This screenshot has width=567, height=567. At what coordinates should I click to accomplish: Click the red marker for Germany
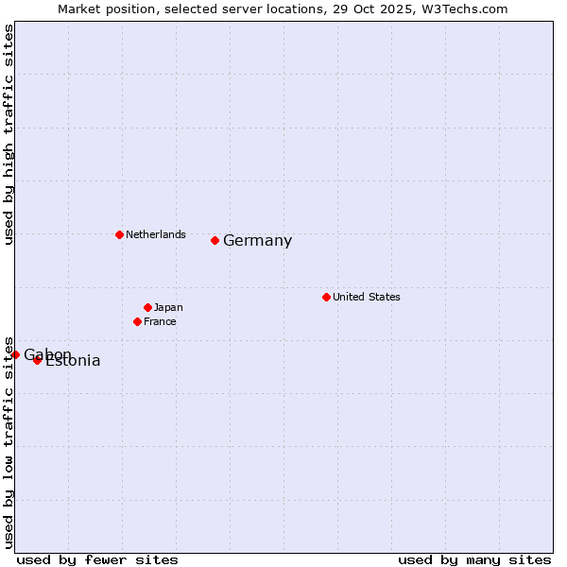point(215,240)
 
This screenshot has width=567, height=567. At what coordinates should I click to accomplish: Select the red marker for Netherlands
point(119,234)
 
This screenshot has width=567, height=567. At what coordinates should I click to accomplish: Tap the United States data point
point(326,297)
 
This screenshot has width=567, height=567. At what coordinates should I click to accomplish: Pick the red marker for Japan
point(147,307)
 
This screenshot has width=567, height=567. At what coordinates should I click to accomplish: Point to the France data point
point(137,321)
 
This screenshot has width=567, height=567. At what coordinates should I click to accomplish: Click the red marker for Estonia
point(37,360)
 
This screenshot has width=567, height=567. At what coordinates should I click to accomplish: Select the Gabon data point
point(15,354)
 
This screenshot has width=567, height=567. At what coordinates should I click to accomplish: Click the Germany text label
point(257,241)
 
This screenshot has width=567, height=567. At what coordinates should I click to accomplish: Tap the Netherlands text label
point(155,234)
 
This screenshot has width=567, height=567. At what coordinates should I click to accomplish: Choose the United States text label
point(366,297)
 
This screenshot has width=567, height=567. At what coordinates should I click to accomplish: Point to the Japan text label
point(168,307)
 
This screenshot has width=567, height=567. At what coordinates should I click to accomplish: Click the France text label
point(160,321)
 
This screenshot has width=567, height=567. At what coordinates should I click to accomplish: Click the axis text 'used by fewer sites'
point(97,559)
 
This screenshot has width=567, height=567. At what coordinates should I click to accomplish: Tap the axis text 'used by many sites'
point(474,559)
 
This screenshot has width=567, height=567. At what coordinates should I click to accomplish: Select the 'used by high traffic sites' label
point(9,135)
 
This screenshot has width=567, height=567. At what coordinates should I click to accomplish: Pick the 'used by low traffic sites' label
point(9,441)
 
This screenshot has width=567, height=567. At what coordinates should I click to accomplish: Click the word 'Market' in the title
point(78,9)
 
